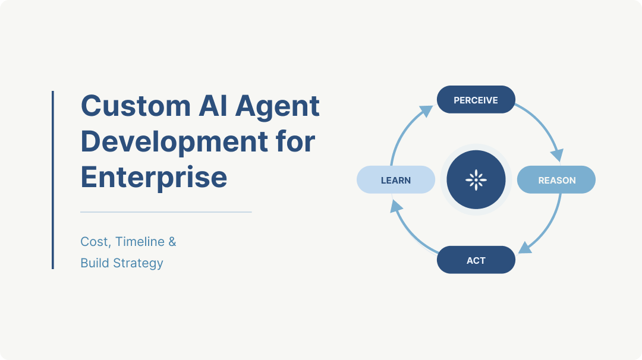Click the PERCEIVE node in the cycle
[x=476, y=100]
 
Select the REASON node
[x=556, y=180]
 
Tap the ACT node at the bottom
[x=476, y=260]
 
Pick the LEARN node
[x=396, y=180]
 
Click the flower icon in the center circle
[x=476, y=179]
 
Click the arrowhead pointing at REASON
[x=556, y=155]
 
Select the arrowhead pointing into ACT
[x=525, y=248]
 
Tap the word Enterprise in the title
[x=153, y=177]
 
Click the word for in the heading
[x=295, y=142]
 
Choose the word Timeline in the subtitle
[x=140, y=242]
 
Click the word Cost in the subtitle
[x=94, y=242]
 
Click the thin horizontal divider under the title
[x=166, y=211]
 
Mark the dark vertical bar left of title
[x=52, y=179]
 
